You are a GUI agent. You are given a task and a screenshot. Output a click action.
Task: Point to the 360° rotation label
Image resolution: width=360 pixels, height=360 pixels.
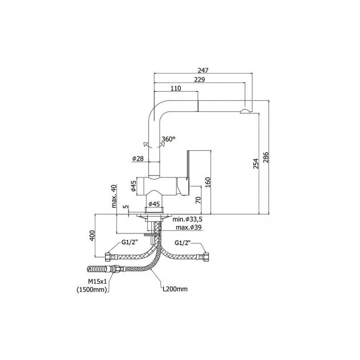click(168, 139)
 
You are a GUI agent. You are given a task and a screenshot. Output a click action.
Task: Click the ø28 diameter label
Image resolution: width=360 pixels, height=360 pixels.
click(138, 159)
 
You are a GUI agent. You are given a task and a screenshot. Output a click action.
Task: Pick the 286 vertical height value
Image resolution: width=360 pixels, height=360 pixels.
click(266, 157)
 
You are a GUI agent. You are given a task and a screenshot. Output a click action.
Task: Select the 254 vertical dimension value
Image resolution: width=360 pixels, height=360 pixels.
click(256, 164)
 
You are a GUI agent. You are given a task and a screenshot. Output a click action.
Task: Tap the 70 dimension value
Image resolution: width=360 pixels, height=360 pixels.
click(198, 200)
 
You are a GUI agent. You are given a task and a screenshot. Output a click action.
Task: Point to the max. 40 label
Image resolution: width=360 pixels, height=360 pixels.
click(114, 196)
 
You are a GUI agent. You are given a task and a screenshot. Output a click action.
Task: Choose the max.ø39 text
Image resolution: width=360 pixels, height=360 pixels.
click(189, 227)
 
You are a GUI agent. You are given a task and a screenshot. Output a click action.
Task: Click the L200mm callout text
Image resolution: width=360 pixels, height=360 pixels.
click(175, 288)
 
